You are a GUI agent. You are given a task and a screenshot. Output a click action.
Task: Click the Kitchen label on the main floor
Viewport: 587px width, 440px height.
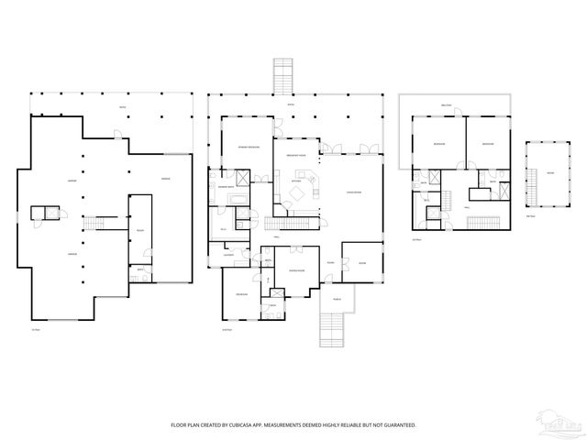(x=296, y=181)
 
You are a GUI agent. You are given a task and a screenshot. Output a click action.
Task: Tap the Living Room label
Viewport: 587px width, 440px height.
(x=352, y=192)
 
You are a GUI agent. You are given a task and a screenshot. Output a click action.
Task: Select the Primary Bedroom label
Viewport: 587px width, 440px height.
(x=249, y=148)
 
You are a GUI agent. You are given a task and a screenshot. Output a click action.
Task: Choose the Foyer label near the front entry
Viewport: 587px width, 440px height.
(x=328, y=262)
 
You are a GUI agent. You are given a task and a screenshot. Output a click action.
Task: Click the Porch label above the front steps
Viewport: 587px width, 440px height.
(x=336, y=298)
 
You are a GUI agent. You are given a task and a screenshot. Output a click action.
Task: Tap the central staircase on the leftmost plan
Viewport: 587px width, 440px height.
(x=94, y=222)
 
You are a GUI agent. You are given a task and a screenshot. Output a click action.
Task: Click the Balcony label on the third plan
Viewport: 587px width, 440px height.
(x=447, y=105)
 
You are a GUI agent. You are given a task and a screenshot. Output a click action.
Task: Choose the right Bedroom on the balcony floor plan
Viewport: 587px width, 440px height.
(x=489, y=144)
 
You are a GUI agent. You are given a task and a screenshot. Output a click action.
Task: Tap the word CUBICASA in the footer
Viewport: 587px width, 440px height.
(x=259, y=425)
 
